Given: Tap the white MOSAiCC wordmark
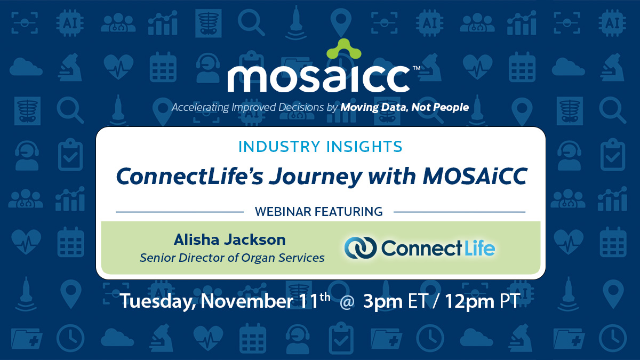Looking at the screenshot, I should click(x=318, y=78).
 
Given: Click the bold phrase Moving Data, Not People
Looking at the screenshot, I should click(x=405, y=107).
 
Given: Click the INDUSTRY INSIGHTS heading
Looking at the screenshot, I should click(x=320, y=147).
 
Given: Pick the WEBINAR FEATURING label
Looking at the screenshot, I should click(x=319, y=212).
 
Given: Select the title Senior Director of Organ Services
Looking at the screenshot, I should click(x=232, y=258).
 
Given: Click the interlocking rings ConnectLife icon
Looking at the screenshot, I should click(x=360, y=248).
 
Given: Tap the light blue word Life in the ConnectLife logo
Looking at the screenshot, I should click(x=479, y=248).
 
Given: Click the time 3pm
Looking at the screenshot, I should click(x=383, y=301).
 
